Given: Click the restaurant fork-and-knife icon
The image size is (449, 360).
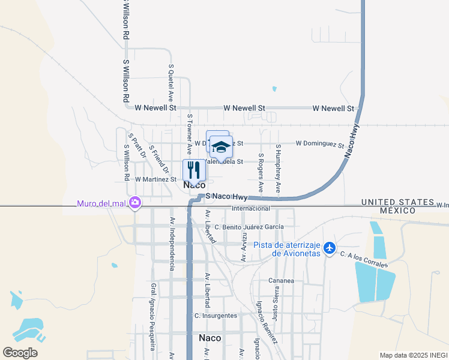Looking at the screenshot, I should (193, 169).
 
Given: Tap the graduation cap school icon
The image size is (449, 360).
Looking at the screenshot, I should (221, 146).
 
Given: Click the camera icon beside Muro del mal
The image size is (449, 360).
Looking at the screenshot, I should (135, 203).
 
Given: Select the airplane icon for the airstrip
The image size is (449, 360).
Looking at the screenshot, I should (329, 247).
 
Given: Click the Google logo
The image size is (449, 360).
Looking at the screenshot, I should (20, 353).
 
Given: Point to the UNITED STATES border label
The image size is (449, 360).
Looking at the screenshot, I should (397, 202).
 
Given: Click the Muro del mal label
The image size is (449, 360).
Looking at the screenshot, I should (102, 203).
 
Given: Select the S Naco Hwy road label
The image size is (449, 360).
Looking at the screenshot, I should (226, 196).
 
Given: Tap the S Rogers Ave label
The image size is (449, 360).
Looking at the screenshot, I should (261, 171).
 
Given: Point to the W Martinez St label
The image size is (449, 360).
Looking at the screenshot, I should (155, 179).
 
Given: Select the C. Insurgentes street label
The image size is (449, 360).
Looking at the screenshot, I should (215, 316).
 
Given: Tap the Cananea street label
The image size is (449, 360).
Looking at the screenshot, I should (281, 280).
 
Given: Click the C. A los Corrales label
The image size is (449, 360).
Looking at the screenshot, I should (364, 259).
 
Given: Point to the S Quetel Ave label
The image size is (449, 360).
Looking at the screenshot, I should (171, 82).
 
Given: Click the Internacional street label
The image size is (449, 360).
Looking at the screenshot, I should (251, 208).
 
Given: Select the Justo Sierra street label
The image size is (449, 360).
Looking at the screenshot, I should (277, 304).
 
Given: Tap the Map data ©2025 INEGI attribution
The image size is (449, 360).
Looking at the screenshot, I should (413, 355).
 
